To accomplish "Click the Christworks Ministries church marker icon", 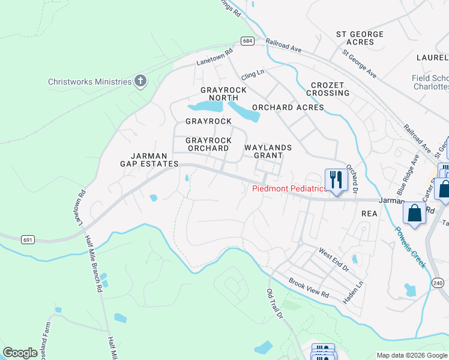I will pyautogui.click(x=140, y=81).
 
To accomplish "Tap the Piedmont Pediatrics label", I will pyautogui.click(x=289, y=188).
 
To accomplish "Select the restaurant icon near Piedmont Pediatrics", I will pyautogui.click(x=335, y=179).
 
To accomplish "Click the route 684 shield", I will pyautogui.click(x=248, y=41).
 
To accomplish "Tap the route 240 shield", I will pyautogui.click(x=436, y=282).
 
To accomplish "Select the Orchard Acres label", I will pyautogui.click(x=288, y=108).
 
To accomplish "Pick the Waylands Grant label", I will pyautogui.click(x=268, y=151).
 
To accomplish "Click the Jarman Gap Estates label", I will pyautogui.click(x=149, y=159).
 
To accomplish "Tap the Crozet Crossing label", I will pyautogui.click(x=328, y=89).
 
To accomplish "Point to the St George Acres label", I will pyautogui.click(x=360, y=38).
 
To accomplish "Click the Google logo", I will pyautogui.click(x=20, y=353).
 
